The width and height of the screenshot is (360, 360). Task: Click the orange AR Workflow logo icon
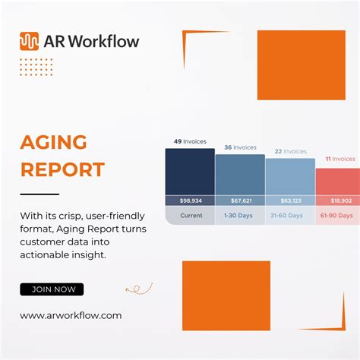(x=29, y=41)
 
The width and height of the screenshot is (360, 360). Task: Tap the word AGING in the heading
(x=53, y=142)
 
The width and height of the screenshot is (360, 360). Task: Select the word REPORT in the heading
(x=62, y=169)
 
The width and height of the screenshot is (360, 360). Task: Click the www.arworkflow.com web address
(x=71, y=315)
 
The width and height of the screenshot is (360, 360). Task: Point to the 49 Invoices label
(x=189, y=141)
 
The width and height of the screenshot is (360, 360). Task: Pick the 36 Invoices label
(x=240, y=147)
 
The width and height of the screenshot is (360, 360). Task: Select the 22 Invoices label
(x=290, y=151)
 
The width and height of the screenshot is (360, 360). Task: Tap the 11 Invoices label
(x=339, y=159)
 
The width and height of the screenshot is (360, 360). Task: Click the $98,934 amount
(x=190, y=201)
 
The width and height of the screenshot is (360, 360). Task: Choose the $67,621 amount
(x=240, y=201)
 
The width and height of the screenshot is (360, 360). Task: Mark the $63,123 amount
(x=290, y=201)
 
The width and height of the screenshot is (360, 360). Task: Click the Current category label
(x=190, y=216)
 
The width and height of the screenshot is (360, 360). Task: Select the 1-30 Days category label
(x=240, y=216)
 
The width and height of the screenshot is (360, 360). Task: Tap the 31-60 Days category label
(x=290, y=216)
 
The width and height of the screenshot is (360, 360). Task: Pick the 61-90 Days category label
(x=339, y=216)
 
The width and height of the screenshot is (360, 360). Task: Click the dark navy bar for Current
(x=190, y=172)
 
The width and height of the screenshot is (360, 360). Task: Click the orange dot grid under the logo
(x=36, y=67)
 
